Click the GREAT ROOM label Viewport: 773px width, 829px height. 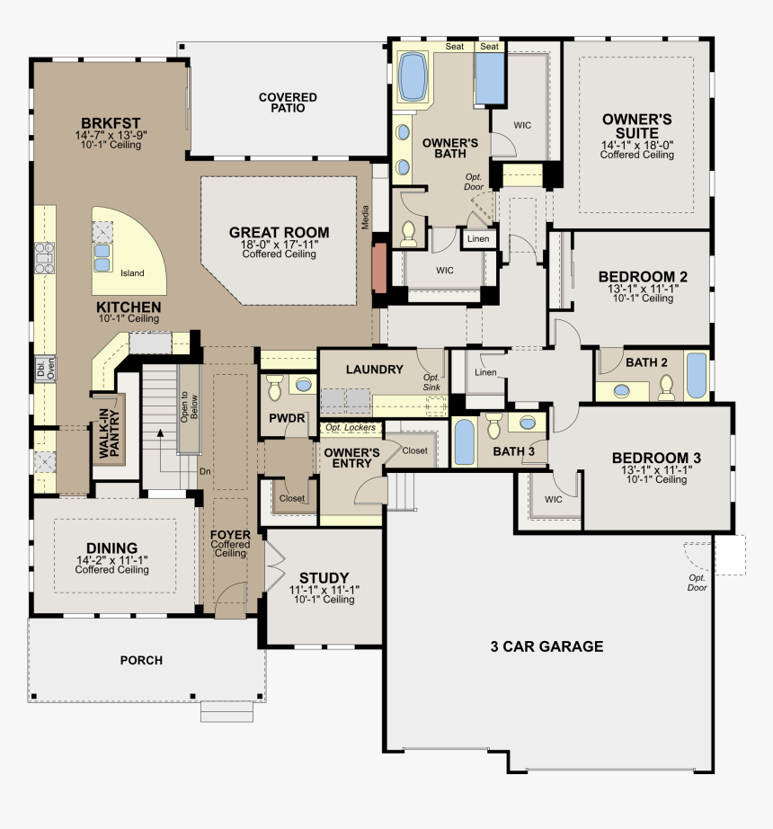pyautogui.click(x=279, y=233)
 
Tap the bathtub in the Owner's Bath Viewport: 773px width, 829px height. pyautogui.click(x=413, y=76)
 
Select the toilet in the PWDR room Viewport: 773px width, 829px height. pyautogui.click(x=275, y=388)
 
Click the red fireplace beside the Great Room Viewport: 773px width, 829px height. pyautogui.click(x=379, y=268)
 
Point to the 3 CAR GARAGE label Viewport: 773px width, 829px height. pyautogui.click(x=546, y=646)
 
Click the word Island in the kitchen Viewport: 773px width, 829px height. pyautogui.click(x=132, y=273)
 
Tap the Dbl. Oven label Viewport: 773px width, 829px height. pyautogui.click(x=46, y=368)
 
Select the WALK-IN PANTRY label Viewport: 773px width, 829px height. pyautogui.click(x=110, y=433)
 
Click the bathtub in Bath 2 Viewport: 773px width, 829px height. pyautogui.click(x=697, y=375)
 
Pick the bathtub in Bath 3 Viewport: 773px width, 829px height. pyautogui.click(x=464, y=442)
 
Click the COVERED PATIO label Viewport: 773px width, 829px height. pyautogui.click(x=288, y=103)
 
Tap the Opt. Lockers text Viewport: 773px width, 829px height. pyautogui.click(x=351, y=427)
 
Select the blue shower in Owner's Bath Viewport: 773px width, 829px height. pyautogui.click(x=490, y=78)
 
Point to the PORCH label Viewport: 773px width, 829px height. pyautogui.click(x=141, y=660)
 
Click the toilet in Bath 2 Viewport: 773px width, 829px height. pyautogui.click(x=666, y=388)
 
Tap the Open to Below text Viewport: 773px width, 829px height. pyautogui.click(x=189, y=407)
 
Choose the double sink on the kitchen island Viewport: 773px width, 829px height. pyautogui.click(x=102, y=257)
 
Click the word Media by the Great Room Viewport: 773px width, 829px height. pyautogui.click(x=365, y=218)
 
